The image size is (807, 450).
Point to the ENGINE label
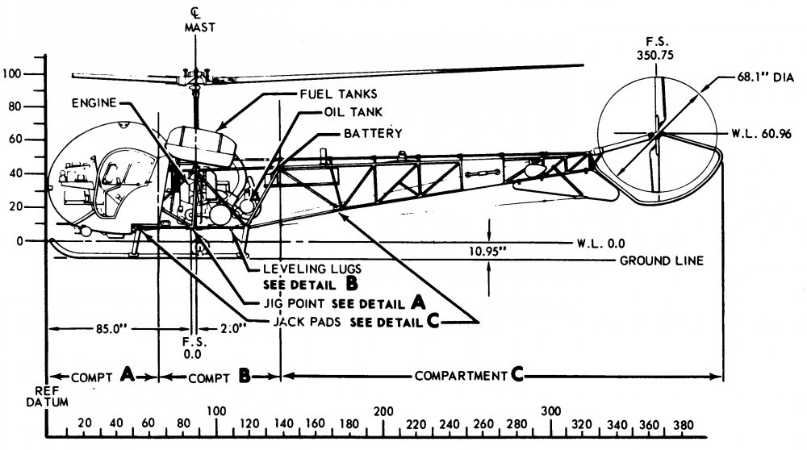coord(93,102)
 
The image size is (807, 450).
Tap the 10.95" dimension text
coord(490,251)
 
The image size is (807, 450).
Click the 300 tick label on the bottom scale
coord(551,410)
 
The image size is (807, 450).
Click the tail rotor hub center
coord(657,133)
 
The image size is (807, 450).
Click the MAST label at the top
coord(196,27)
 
